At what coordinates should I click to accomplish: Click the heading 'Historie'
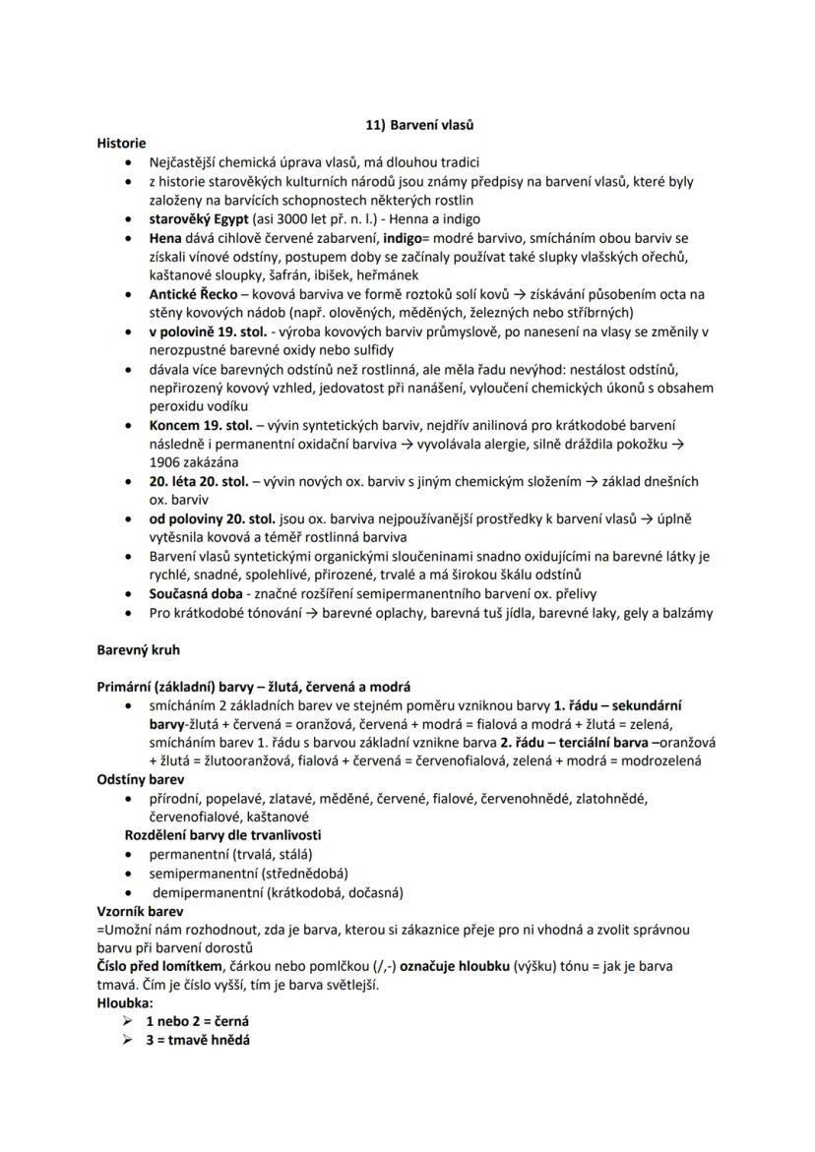[121, 143]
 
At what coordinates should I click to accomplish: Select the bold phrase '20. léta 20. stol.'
[199, 481]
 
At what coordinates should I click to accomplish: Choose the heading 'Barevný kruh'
[138, 650]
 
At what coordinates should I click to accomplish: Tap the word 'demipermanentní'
[208, 892]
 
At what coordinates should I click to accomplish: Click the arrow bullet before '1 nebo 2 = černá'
[128, 1022]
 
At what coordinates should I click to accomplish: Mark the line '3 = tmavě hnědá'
[198, 1040]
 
